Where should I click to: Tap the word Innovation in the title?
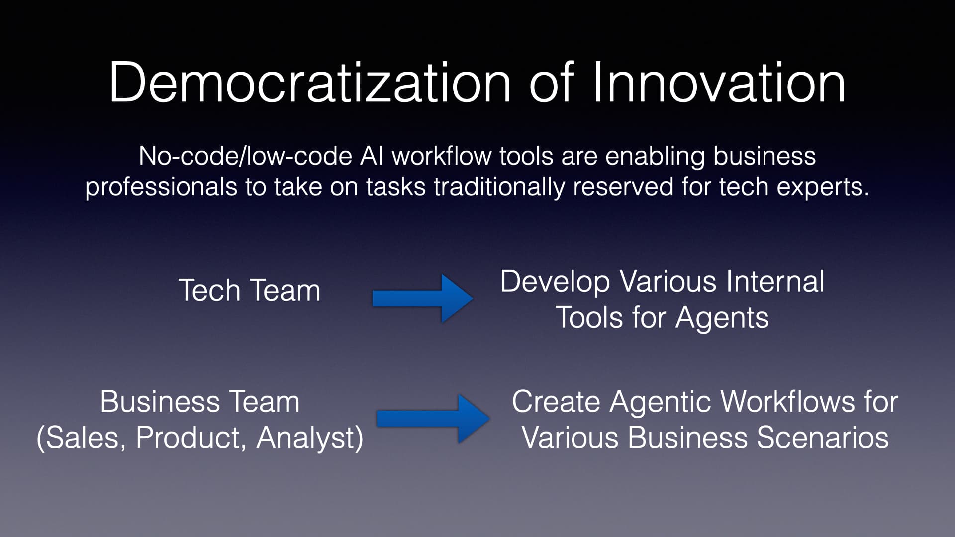[718, 82]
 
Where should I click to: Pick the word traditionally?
[499, 187]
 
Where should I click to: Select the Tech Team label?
[249, 290]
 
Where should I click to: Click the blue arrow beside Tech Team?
[422, 298]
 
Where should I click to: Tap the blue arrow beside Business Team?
[433, 418]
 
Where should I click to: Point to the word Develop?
[555, 282]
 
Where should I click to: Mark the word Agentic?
[662, 402]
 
